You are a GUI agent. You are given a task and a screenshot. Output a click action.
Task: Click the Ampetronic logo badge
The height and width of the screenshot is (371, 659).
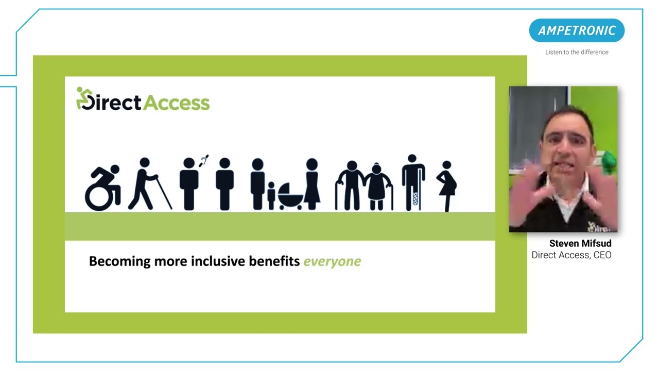tap(577, 30)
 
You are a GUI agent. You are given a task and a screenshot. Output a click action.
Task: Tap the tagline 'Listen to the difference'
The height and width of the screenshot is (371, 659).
tap(577, 52)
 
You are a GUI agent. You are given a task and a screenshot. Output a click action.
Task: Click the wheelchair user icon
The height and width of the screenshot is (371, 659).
tap(103, 188)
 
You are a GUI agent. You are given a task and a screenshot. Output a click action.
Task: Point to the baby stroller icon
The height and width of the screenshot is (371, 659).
tap(290, 196)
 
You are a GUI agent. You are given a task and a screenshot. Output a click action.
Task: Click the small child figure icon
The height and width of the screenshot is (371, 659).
tap(271, 195)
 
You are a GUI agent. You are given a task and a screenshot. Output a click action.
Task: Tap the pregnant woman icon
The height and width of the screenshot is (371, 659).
tap(447, 185)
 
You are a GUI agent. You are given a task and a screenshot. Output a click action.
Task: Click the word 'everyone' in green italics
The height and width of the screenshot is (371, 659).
tap(332, 261)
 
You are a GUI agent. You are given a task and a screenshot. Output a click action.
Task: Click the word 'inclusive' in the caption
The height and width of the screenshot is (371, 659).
tap(218, 261)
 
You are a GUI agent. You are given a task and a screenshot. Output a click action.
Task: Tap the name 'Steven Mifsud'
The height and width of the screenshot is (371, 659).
tap(580, 243)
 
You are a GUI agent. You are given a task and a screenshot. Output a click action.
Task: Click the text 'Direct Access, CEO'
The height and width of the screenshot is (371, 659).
tap(571, 255)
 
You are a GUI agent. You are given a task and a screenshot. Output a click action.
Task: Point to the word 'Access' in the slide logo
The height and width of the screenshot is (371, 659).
tap(176, 103)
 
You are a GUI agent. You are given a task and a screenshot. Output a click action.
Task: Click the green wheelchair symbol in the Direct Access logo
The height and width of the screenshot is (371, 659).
tap(82, 98)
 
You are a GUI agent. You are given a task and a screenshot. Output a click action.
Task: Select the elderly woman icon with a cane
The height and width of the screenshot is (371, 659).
tap(379, 186)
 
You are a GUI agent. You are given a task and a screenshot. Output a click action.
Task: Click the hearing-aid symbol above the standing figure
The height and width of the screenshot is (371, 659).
tap(204, 160)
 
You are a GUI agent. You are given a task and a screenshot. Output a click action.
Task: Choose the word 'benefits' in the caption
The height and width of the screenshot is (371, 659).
tap(274, 261)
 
